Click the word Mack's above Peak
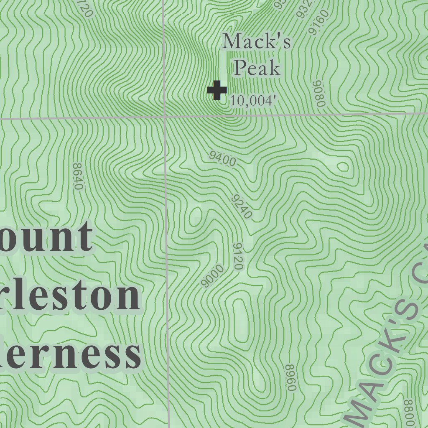coord(256,42)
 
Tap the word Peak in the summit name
coord(257,68)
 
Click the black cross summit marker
coord(217,90)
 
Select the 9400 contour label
coord(223,159)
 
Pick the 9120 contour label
coord(238,256)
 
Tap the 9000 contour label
coord(212,276)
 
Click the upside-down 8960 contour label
coord(291,377)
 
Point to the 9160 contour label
coord(318,23)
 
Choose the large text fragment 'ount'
coord(46,237)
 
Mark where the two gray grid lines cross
coord(165,117)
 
